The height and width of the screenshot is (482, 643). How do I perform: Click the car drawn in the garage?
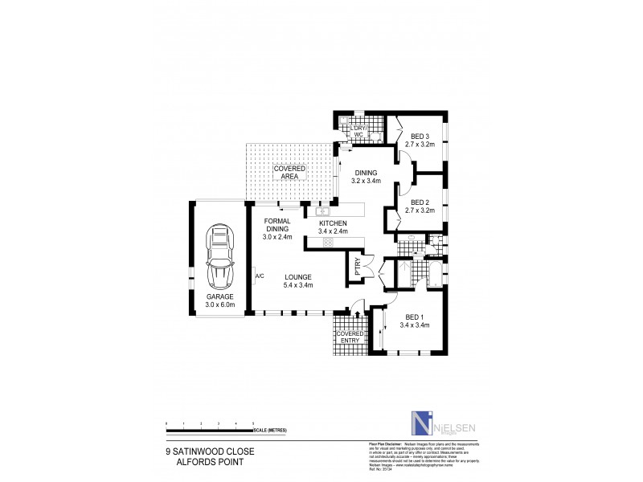pos(217,257)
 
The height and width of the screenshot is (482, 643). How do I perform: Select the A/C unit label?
pos(260,277)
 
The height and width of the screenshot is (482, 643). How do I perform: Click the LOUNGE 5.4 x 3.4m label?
pos(297,281)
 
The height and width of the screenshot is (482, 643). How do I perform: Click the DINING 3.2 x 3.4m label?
pos(367,177)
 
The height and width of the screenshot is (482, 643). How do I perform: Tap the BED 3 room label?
pos(420,141)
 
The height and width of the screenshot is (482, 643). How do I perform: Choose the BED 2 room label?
pos(420,206)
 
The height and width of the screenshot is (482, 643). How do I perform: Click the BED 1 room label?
pos(415,321)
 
